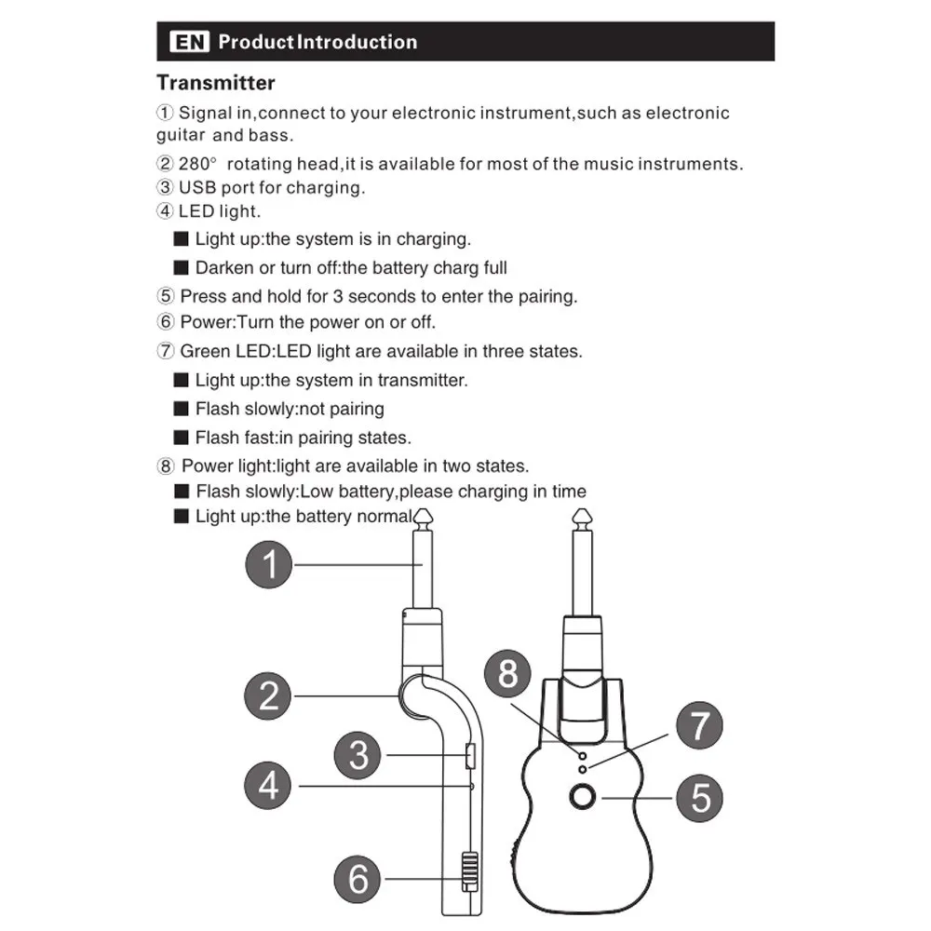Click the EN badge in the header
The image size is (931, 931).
[x=189, y=42]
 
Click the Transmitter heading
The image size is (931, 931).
[x=215, y=83]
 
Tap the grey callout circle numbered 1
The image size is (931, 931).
[x=269, y=564]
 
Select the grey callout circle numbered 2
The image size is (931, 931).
[x=269, y=695]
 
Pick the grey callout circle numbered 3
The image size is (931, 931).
[x=358, y=754]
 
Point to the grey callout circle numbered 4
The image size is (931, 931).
[x=269, y=787]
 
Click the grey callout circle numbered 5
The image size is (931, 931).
[x=699, y=798]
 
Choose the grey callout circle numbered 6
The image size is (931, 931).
[x=358, y=878]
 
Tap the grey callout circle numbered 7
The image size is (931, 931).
[x=699, y=726]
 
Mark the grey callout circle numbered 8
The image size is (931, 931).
[x=507, y=673]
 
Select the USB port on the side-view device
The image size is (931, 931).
[x=470, y=755]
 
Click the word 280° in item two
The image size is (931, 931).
[x=197, y=164]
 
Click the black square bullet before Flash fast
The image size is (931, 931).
[x=182, y=438]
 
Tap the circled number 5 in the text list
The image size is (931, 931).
[x=165, y=297]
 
